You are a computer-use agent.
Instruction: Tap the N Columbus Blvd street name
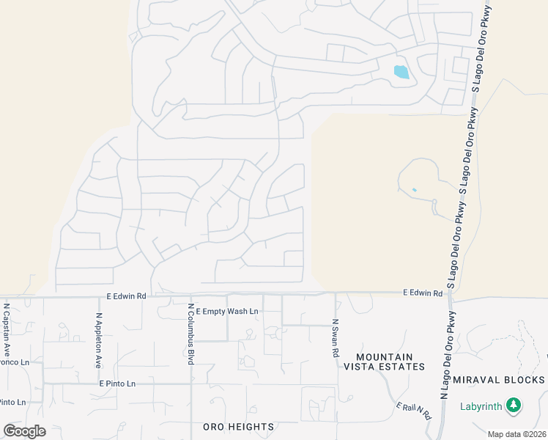(x=190, y=334)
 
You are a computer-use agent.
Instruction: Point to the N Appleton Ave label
(x=98, y=341)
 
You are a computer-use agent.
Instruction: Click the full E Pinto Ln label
(x=117, y=384)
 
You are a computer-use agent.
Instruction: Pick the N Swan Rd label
(x=336, y=337)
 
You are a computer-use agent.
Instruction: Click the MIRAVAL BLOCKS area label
(x=499, y=380)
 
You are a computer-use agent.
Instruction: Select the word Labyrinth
(x=481, y=406)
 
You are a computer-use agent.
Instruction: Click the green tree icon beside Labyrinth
(x=514, y=406)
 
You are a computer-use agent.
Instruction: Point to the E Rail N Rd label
(x=412, y=412)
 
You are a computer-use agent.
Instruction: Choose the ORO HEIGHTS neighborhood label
(x=238, y=427)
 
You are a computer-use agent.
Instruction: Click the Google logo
(x=24, y=431)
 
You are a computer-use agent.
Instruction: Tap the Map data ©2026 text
(x=516, y=434)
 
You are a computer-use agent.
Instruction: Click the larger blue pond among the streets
(x=401, y=72)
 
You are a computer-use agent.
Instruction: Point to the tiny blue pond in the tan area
(x=414, y=190)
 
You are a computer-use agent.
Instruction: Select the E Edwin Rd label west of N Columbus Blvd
(x=127, y=296)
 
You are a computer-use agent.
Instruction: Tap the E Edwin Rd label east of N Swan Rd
(x=423, y=293)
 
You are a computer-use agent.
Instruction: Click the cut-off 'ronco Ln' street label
(x=14, y=362)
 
